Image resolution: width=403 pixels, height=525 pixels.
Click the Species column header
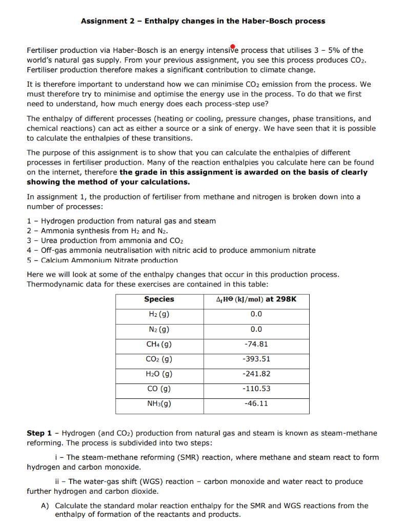159,299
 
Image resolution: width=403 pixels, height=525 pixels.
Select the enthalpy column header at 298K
256,299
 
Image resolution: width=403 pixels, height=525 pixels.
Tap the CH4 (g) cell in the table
159,344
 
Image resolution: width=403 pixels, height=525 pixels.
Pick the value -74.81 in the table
256,344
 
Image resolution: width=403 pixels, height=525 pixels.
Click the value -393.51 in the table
256,359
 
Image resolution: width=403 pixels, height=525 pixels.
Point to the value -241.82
256,374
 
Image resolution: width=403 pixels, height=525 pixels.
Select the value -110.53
256,389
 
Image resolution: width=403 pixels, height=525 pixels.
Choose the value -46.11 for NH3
256,403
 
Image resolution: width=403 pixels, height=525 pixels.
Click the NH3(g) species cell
159,403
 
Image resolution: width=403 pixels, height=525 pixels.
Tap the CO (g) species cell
159,389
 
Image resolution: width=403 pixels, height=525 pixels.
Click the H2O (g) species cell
159,374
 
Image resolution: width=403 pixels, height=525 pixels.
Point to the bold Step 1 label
40,433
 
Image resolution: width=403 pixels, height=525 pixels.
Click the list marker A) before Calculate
45,506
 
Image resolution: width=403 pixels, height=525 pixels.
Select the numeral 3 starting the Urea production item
29,240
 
